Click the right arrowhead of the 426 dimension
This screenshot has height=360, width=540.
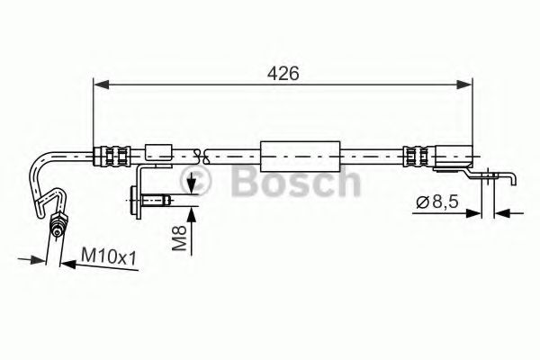[467, 85]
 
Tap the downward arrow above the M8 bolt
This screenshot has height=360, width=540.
[191, 187]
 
